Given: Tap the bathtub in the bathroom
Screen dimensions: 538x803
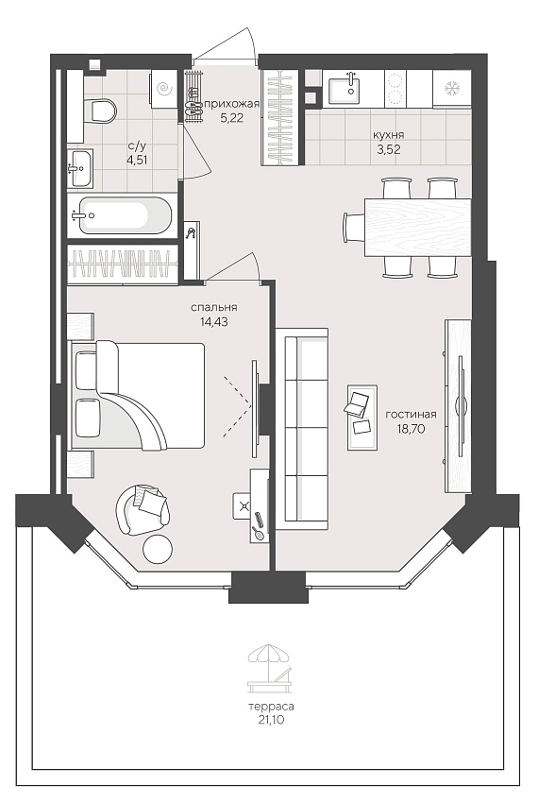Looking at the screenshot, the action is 118,215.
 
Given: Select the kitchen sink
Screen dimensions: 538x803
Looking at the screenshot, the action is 344,89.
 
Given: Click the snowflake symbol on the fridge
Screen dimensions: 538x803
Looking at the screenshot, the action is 452,88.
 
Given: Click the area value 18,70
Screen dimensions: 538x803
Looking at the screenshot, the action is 411,429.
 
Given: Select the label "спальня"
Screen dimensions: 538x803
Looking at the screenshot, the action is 213,307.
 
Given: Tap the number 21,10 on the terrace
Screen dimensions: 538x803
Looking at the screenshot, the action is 271,720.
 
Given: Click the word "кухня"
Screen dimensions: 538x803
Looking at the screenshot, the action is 389,135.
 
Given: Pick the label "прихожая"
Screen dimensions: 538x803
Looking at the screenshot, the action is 232,104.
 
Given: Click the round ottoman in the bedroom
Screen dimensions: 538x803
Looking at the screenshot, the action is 158,550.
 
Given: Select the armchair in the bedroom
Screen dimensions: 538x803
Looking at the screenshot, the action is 143,509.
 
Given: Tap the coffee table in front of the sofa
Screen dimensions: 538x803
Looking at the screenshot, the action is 361,418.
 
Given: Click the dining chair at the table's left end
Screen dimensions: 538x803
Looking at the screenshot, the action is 354,228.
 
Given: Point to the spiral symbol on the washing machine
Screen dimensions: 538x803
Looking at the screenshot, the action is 164,90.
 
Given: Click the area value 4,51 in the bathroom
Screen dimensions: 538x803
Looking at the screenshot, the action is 137,160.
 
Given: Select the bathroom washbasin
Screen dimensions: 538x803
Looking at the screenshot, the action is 80,168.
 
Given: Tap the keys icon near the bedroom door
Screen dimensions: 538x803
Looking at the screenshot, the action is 192,233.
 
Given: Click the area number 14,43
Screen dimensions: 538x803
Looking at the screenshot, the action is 214,322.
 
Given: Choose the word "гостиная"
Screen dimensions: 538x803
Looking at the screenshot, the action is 411,415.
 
